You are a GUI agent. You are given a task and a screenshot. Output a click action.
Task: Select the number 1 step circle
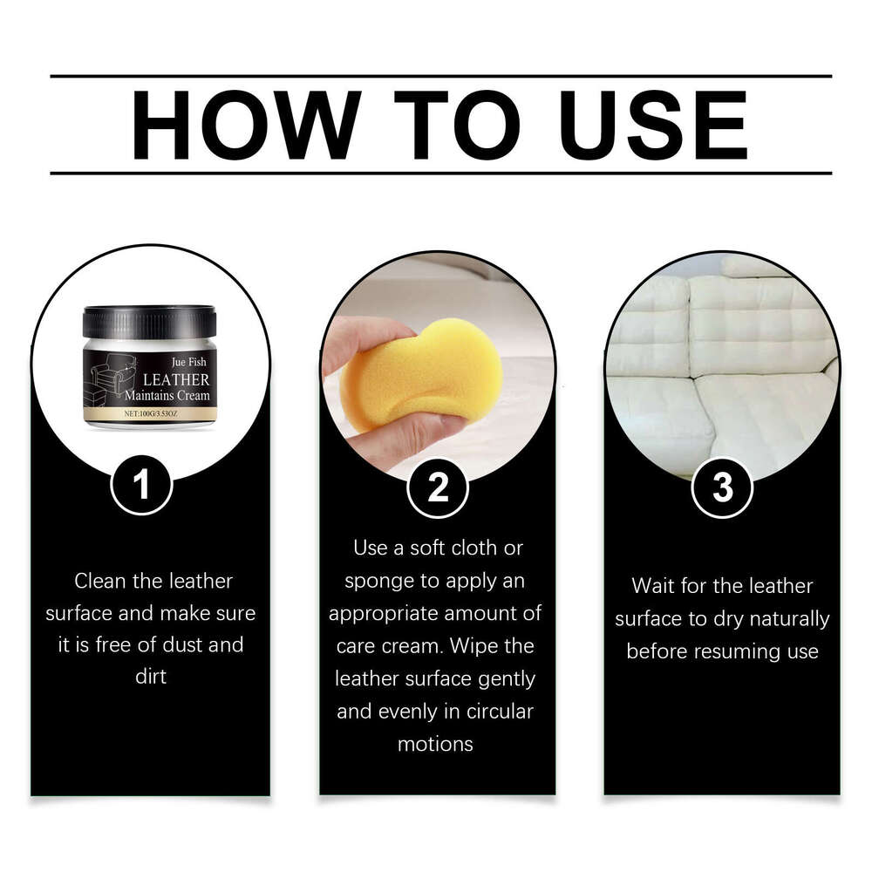point(141,486)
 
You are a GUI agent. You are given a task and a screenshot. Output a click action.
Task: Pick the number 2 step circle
point(438,488)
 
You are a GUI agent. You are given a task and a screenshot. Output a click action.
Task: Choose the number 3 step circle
point(722,487)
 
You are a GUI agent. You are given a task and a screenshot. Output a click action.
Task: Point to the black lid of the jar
point(149,321)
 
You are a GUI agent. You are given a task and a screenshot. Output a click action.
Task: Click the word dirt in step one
point(151,677)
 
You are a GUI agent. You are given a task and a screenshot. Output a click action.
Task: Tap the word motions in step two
point(435,744)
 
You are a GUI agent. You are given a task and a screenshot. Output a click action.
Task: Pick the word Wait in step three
point(655,586)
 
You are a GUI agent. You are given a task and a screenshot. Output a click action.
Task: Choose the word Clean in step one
point(100,581)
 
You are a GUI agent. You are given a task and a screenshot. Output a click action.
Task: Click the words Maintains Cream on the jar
point(167,397)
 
